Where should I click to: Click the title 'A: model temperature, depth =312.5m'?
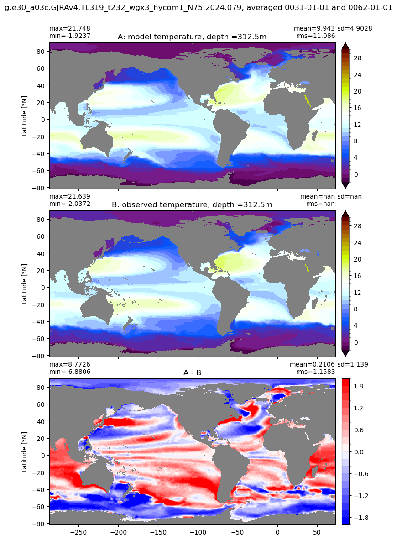(192, 37)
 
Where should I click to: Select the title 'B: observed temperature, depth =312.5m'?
(192, 204)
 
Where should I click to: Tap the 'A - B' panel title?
(193, 372)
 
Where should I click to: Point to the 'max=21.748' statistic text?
(70, 28)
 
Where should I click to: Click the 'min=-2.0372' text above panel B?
(70, 204)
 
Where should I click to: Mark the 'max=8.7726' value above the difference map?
(70, 364)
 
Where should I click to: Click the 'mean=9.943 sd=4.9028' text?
(333, 28)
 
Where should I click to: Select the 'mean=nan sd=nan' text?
(331, 196)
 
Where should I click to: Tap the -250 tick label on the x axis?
(78, 532)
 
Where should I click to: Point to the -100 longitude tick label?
(198, 532)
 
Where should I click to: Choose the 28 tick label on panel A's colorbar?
(358, 58)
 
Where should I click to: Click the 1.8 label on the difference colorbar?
(358, 387)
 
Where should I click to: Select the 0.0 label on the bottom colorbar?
(358, 452)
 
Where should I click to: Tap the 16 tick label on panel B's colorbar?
(358, 276)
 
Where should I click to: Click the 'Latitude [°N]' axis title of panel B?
(25, 284)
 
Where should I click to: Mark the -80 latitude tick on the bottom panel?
(40, 524)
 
